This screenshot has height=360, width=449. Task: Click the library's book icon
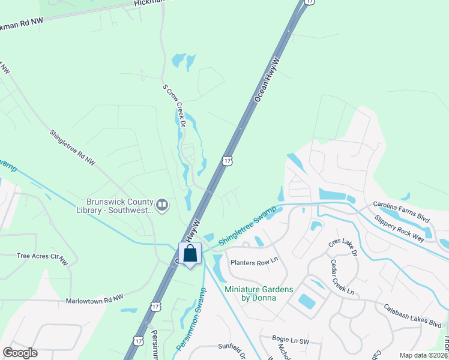[161, 206]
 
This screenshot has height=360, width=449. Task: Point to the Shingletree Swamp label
[247, 225]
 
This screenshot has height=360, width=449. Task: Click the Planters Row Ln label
[256, 261]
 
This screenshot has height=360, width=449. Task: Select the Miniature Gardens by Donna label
[259, 293]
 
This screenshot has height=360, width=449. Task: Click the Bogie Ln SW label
[290, 339]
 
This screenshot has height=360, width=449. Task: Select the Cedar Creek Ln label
[342, 277]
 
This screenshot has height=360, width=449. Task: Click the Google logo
[20, 353]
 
